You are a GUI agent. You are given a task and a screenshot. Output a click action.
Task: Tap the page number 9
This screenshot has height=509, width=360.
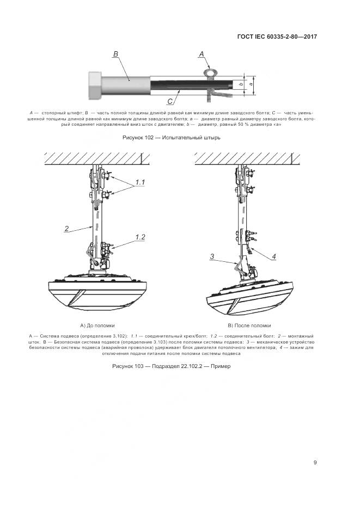tap(315, 463)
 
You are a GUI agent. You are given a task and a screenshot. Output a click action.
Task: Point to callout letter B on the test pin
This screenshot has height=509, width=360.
tap(115, 53)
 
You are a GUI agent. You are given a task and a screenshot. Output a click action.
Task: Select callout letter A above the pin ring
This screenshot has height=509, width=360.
tap(201, 54)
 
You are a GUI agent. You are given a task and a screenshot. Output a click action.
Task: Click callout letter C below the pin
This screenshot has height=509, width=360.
tap(170, 101)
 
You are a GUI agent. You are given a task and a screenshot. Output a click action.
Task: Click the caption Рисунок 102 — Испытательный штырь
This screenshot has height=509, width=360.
tap(173, 138)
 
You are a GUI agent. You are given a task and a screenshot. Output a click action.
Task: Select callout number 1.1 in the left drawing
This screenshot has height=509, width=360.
tap(140, 182)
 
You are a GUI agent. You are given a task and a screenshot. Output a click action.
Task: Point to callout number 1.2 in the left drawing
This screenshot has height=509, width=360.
tap(140, 237)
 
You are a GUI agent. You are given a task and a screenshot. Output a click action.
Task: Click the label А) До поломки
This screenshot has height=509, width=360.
tap(97, 325)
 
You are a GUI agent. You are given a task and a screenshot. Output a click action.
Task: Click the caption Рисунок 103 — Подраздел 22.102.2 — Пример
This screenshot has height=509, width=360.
tap(172, 366)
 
